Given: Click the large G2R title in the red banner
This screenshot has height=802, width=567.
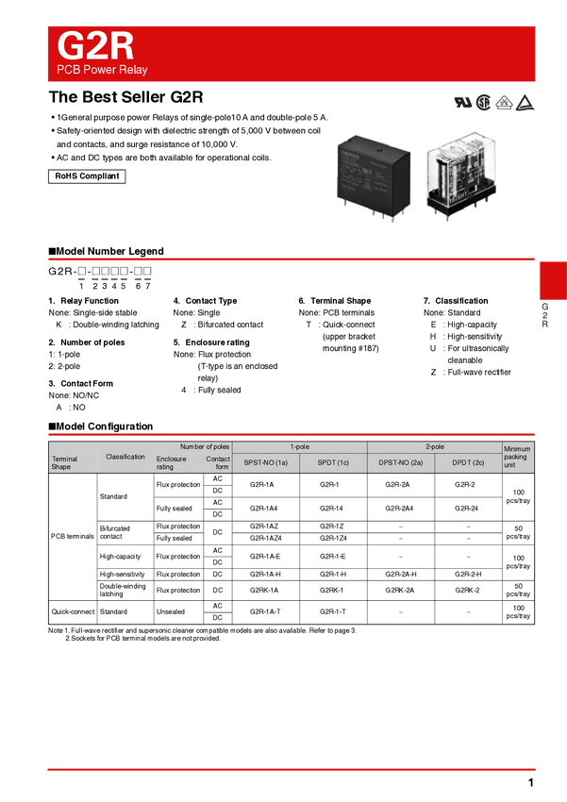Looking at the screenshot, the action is [95, 46].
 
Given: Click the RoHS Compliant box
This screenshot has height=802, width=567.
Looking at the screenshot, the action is [87, 175].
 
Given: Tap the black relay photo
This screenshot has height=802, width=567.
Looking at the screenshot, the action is [374, 178].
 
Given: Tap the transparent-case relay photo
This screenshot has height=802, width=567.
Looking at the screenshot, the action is [462, 175].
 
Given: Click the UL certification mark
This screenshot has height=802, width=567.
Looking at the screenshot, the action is [463, 102].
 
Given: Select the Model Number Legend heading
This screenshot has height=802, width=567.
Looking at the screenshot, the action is [106, 251].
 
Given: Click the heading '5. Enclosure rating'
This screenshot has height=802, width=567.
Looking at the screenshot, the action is [211, 343].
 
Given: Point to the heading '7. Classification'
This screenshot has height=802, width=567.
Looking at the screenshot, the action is [456, 301].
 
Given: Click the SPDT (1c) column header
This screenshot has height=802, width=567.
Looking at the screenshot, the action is [333, 462].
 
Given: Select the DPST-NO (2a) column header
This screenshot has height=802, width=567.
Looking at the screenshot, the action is [401, 462].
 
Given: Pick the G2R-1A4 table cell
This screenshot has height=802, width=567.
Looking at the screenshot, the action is [264, 509].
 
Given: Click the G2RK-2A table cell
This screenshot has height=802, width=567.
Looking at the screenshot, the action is [400, 590].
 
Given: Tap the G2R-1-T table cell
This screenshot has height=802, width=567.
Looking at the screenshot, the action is [333, 611].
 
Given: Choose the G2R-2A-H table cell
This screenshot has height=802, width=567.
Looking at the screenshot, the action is [401, 574].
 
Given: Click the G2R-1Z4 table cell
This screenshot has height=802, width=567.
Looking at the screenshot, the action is [333, 538].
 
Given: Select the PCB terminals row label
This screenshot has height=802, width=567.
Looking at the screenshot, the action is [73, 536].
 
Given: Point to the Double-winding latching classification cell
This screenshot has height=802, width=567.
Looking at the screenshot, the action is [123, 590].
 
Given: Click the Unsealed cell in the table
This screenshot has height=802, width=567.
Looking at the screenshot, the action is [171, 611].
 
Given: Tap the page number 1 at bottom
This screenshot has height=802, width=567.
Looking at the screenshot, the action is [531, 782].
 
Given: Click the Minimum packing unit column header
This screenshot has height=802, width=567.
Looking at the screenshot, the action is [517, 457].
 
